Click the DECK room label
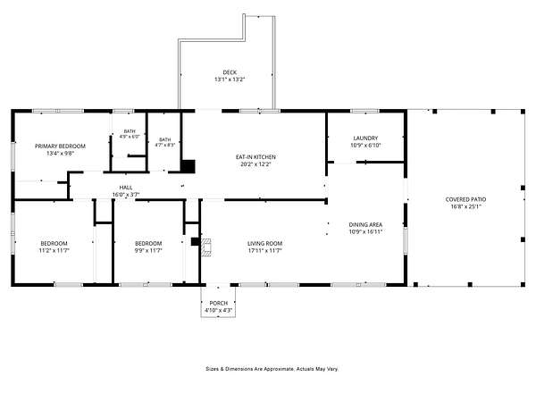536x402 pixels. pos(230,72)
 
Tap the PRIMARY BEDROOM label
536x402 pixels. pos(60,147)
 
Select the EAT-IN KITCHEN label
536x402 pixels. pos(255,157)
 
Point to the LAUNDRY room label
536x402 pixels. pos(365,138)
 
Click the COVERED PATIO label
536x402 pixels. pos(465,199)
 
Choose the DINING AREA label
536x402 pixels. pos(365,225)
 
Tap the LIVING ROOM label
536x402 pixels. pos(265,244)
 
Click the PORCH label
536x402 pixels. pos(219,304)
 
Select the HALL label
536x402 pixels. pos(126,188)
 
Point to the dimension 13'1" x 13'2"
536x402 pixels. pos(230,80)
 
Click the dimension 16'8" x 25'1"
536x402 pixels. pos(465,207)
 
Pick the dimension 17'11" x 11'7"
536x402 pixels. pos(265,251)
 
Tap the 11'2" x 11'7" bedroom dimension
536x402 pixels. pos(54,251)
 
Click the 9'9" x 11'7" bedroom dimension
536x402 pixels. pos(148,251)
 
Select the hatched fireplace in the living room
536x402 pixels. pos(205,247)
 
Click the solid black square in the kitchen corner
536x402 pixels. pos(188,166)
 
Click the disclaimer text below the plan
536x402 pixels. pos(272,369)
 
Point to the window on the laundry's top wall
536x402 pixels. pos(365,111)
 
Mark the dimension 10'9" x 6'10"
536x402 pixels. pos(365,146)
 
